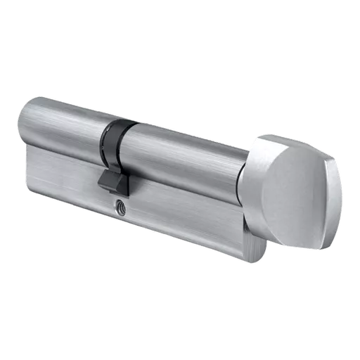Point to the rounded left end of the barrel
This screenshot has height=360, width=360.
tap(27, 120)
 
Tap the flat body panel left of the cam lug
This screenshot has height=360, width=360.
tap(63, 172)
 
